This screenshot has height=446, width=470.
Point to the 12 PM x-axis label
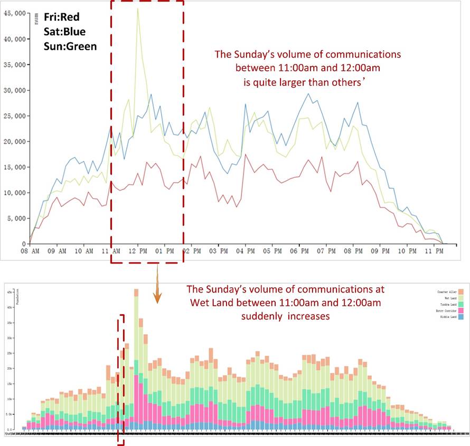click(138, 250)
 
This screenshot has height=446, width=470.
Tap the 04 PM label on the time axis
click(247, 250)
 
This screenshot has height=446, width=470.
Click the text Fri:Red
click(62, 17)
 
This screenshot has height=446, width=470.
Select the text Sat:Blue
click(64, 32)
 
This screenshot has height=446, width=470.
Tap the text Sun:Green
click(70, 46)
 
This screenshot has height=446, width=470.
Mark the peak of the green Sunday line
click(138, 8)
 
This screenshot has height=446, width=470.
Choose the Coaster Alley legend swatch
click(460, 292)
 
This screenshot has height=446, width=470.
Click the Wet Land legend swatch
click(460, 298)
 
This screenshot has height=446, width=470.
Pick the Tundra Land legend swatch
click(460, 305)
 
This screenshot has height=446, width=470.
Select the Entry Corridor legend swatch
click(460, 311)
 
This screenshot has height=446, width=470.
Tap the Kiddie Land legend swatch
click(460, 317)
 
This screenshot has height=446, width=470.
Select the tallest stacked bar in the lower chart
click(136, 360)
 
